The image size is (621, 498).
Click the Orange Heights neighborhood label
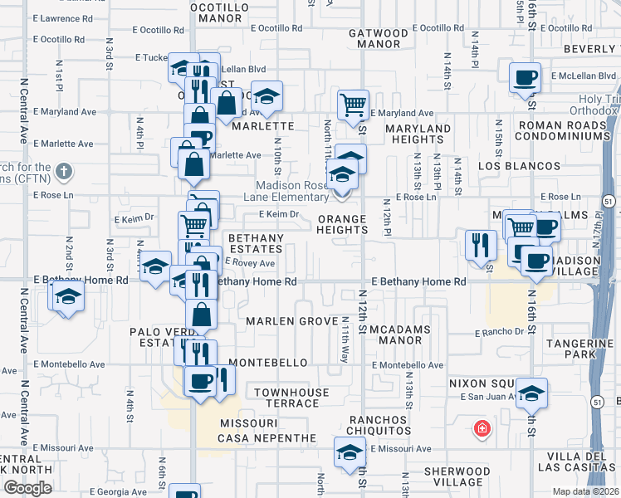pos(342,225)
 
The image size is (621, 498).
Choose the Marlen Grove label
pos(278,321)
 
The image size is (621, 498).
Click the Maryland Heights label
pos(421,134)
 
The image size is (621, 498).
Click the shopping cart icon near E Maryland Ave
pos(353,105)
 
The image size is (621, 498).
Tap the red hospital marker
pos(481,429)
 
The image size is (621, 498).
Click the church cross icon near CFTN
pos(63,172)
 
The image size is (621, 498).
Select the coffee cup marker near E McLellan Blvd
pos(524,78)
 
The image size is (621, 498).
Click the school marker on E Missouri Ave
pos(350,452)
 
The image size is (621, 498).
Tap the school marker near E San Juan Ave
pos(531,393)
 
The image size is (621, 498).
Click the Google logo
pos(27,487)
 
